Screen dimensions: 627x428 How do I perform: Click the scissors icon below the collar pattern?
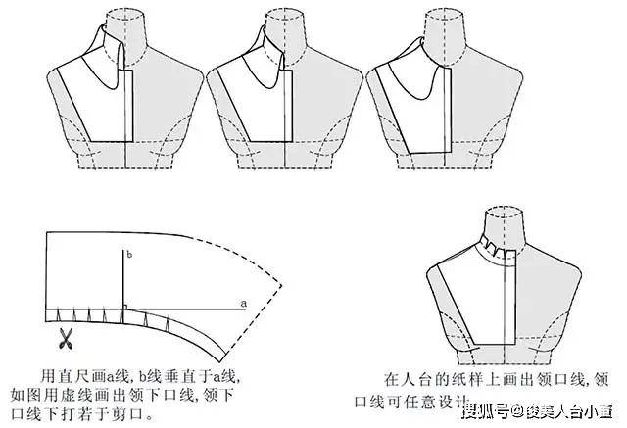67,338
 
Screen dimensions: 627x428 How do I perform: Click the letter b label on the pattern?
129,255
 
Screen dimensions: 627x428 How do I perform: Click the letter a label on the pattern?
244,304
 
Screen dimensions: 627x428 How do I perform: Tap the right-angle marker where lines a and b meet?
124,307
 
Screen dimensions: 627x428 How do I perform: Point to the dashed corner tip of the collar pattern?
282,285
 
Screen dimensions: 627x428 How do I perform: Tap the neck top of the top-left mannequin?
125,13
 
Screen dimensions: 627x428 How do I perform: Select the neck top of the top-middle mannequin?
284,13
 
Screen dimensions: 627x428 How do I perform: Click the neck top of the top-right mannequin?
444,13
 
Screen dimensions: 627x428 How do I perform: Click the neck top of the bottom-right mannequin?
504,211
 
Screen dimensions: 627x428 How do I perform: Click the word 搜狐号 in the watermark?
486,411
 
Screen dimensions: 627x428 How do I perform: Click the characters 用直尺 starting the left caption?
65,376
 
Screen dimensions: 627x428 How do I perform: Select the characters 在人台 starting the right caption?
409,379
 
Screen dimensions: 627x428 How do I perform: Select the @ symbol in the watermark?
517,411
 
